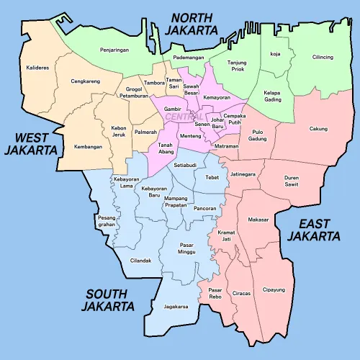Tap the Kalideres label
(x=37, y=68)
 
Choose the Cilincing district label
(x=323, y=57)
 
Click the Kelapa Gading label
(x=272, y=96)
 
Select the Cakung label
(x=318, y=129)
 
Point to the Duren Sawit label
(x=291, y=181)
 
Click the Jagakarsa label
(x=176, y=306)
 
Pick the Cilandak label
(x=140, y=261)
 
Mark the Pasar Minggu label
(x=186, y=248)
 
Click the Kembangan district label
(x=88, y=147)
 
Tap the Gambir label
(x=172, y=109)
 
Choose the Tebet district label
(x=212, y=176)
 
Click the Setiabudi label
(x=185, y=165)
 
